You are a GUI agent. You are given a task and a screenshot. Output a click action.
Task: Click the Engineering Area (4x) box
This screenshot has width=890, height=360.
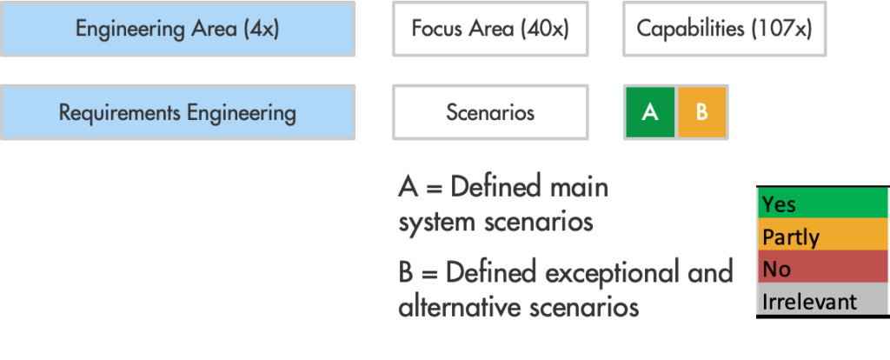tap(177, 29)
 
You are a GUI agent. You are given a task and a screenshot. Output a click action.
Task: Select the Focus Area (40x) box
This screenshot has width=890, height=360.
tap(489, 29)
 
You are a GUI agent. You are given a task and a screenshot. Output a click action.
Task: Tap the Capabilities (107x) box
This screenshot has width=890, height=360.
tap(724, 29)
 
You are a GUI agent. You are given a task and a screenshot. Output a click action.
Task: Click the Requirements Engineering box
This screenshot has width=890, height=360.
tap(177, 112)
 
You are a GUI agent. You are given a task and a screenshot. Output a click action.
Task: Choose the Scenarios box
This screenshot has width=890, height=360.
tap(489, 112)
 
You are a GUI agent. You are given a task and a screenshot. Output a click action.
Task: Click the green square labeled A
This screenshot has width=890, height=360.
tap(649, 112)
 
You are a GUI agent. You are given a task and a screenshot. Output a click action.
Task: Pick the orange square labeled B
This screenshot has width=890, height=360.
tap(701, 112)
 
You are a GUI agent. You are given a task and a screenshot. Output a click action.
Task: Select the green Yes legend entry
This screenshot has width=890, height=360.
tap(821, 204)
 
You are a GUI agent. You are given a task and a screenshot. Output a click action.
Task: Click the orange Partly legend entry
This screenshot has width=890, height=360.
tap(821, 237)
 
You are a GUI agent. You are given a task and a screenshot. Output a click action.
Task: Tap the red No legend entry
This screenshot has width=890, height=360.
tap(821, 269)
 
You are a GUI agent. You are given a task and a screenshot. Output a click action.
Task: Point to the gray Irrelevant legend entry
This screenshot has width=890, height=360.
tap(821, 301)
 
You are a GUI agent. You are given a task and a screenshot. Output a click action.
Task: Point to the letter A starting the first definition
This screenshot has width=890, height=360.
tap(408, 187)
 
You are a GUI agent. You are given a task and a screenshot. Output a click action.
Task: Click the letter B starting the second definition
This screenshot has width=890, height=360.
tap(407, 273)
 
